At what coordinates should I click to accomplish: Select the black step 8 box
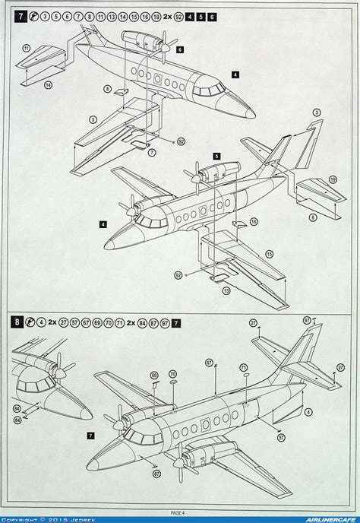point(15,322)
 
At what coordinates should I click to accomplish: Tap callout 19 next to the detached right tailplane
point(333,179)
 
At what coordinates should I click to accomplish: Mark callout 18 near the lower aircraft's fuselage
point(254,222)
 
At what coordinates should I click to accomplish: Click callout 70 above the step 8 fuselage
point(172,374)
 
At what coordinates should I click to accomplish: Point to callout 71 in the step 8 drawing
point(244,367)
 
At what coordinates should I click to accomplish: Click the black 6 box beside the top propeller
point(180,49)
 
